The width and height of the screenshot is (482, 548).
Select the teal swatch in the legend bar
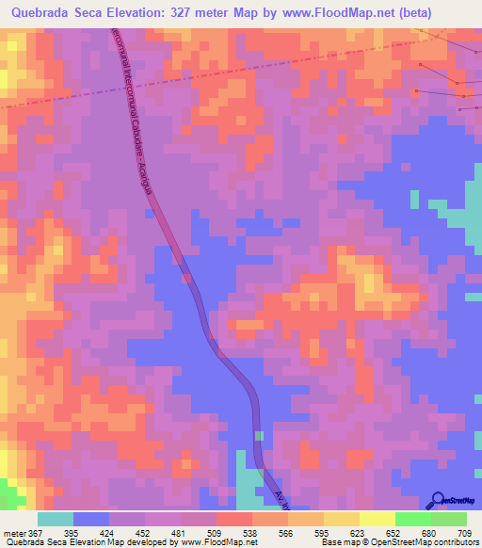[x=56, y=519]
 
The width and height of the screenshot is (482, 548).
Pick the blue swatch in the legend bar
[x=91, y=519]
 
